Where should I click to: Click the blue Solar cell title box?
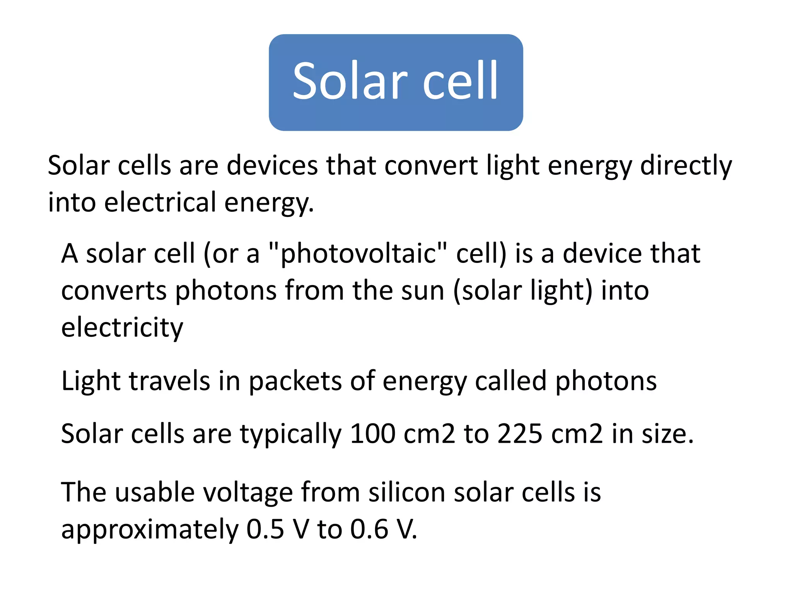tap(396, 82)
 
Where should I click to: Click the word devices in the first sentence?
tap(271, 166)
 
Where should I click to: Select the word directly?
tap(686, 166)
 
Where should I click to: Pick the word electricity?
tap(122, 328)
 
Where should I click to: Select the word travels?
tap(169, 381)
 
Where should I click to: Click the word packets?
tap(295, 381)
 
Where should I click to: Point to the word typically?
tap(291, 434)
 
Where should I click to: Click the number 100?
tap(372, 434)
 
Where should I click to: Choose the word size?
tap(668, 434)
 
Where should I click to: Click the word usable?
tap(155, 492)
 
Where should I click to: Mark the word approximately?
tap(150, 530)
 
